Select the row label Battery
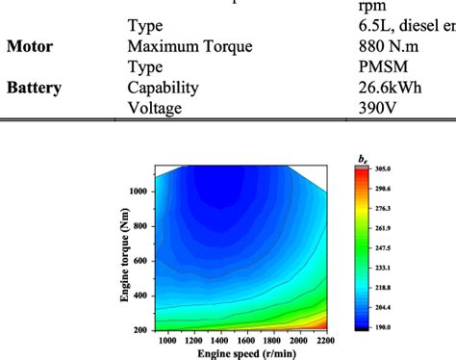tap(35, 88)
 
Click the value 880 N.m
tap(380, 45)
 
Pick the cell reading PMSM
tap(370, 66)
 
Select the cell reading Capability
tap(163, 88)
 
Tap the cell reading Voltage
tap(154, 109)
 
